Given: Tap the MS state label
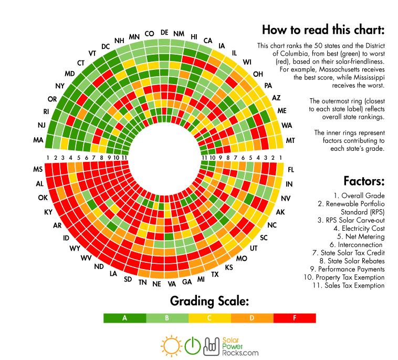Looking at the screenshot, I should tap(38, 169).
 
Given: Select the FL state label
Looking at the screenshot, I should tap(291, 170).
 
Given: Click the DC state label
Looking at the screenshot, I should tap(106, 46).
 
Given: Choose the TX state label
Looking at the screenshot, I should tap(215, 274).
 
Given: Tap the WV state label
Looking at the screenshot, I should tap(86, 258).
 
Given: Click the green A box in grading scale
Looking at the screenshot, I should tap(125, 318).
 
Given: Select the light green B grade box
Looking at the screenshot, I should tap(167, 318).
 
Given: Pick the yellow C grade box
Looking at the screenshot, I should tap(210, 318).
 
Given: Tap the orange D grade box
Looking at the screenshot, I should tap(252, 318).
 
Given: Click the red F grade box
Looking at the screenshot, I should tap(295, 318).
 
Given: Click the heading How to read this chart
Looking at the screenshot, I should tap(323, 29).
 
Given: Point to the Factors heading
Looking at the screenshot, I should tap(364, 181).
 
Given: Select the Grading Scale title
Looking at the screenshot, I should tap(209, 301).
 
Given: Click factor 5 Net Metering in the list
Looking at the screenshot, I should tap(364, 236).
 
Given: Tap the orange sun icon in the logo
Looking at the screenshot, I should tap(171, 345).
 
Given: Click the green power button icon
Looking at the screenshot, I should tap(193, 345).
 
